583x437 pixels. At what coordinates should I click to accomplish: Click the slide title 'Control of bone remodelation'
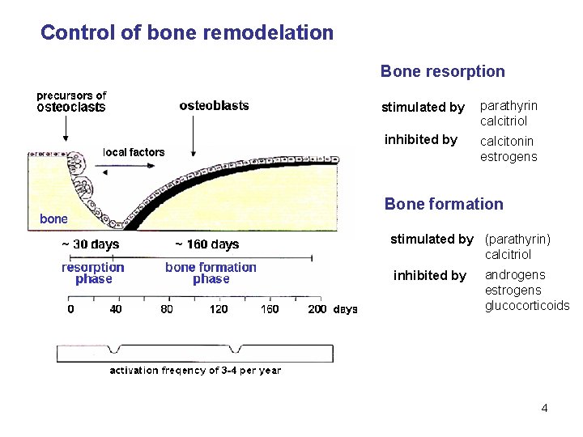(186, 33)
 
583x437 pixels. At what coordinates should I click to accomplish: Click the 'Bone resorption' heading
(442, 71)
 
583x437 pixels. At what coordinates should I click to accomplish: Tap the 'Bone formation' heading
(443, 204)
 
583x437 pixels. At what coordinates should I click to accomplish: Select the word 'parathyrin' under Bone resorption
(509, 106)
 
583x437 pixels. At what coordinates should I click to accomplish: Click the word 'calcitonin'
(508, 142)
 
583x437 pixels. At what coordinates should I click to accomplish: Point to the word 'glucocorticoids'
(527, 305)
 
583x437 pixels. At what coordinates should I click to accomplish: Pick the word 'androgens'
(514, 275)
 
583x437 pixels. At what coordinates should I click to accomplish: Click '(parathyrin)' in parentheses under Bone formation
(517, 239)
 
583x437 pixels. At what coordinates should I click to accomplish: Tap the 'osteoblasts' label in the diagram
(214, 105)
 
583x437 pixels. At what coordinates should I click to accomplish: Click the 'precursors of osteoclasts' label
(71, 101)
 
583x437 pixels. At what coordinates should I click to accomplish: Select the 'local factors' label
(134, 152)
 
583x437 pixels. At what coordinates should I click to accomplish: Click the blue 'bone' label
(53, 218)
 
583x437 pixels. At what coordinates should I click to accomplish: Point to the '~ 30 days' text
(91, 244)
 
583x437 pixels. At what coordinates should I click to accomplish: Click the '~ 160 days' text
(207, 244)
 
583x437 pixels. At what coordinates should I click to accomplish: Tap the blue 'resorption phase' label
(93, 273)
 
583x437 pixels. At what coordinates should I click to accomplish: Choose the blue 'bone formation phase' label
(211, 273)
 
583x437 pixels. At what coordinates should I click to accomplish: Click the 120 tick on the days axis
(219, 308)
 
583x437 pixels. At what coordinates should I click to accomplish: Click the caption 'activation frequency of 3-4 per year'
(195, 371)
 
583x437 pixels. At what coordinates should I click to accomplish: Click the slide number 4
(544, 408)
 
